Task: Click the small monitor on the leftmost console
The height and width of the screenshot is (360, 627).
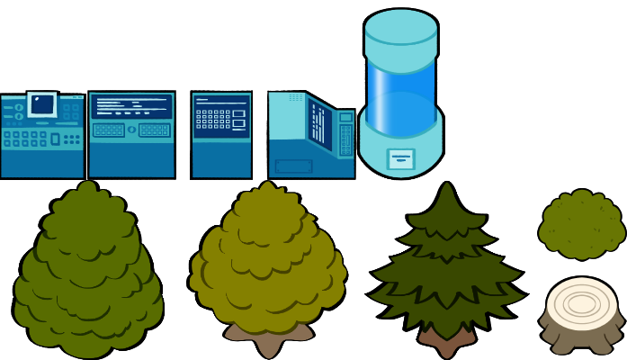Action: [42, 104]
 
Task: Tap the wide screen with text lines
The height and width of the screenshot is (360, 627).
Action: [131, 106]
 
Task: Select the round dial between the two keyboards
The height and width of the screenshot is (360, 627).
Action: [131, 130]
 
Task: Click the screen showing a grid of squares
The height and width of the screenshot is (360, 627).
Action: [221, 117]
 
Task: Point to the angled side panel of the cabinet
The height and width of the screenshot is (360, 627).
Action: [320, 122]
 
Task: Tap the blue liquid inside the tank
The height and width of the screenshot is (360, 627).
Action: [401, 94]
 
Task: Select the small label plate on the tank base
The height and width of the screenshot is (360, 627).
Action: [401, 159]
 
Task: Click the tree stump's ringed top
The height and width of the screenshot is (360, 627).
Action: [582, 303]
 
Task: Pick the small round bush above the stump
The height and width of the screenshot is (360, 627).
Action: [582, 224]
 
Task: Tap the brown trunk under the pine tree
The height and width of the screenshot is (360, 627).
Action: [446, 341]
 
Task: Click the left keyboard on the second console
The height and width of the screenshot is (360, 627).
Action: [109, 130]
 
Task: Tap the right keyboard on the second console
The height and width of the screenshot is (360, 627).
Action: [154, 130]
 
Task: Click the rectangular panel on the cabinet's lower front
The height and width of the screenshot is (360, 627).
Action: [293, 166]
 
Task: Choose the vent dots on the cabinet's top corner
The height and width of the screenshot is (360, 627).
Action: [296, 97]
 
